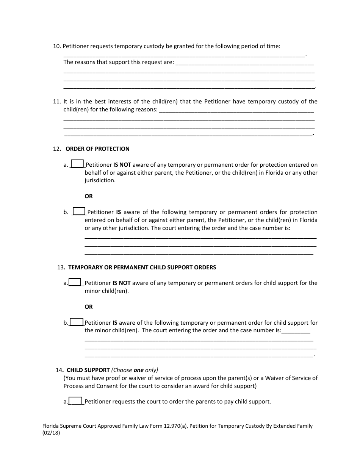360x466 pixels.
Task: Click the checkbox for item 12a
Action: (77, 164)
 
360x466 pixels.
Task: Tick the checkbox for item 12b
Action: (79, 211)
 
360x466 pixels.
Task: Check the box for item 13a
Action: (75, 282)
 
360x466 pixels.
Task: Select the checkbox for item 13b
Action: (77, 322)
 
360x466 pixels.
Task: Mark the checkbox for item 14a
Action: (75, 401)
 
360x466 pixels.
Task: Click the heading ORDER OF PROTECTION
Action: (97, 149)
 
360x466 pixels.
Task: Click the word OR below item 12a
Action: (89, 196)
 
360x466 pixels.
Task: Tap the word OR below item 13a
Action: (89, 307)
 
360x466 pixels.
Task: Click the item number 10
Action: (56, 46)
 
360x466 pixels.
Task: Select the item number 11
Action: (56, 102)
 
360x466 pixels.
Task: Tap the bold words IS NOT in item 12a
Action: (122, 165)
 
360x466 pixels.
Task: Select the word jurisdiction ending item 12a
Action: (100, 181)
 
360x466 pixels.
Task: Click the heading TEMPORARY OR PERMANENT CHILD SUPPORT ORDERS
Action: (142, 267)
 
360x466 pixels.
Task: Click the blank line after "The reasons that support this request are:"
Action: (245, 63)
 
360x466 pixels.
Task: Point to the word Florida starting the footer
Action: (51, 426)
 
